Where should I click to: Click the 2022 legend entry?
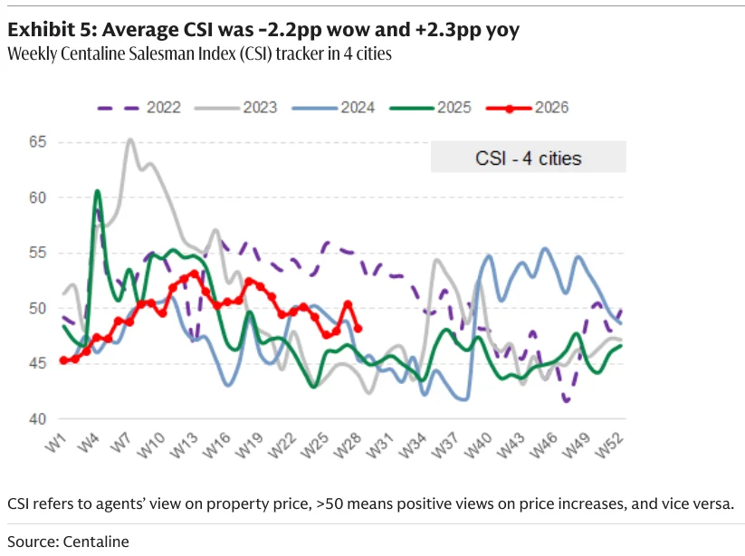click(138, 108)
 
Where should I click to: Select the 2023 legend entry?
click(235, 108)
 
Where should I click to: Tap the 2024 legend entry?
click(333, 108)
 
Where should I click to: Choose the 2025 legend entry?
click(430, 108)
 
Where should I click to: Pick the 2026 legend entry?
click(528, 108)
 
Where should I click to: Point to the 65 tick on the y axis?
click(37, 142)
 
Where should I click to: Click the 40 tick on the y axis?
click(37, 419)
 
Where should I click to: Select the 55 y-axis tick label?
click(37, 253)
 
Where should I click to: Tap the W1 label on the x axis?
click(55, 444)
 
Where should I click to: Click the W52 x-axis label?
click(608, 446)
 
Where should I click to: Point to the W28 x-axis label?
click(348, 446)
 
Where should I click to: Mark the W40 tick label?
click(478, 446)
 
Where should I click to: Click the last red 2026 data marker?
click(358, 329)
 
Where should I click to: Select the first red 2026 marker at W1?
click(63, 360)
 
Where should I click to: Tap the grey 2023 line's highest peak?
click(130, 139)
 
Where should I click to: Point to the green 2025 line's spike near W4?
click(98, 191)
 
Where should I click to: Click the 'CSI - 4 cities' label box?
click(529, 158)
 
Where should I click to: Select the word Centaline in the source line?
click(96, 542)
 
